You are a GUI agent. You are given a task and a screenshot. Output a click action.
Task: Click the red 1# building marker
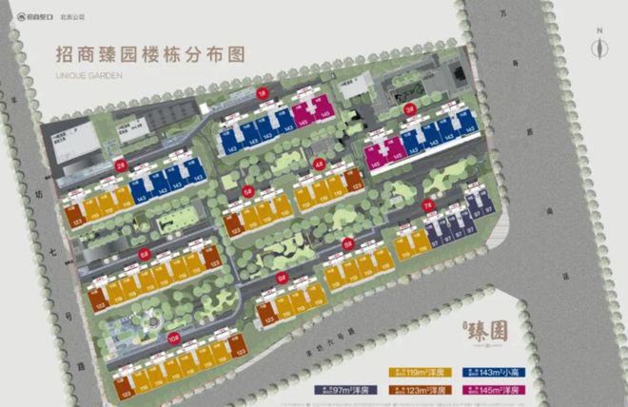(262, 93)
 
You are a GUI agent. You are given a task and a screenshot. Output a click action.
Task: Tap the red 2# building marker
(121, 164)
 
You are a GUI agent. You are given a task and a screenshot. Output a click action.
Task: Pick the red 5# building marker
(248, 191)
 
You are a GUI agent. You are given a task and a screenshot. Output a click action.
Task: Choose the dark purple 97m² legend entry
(348, 390)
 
